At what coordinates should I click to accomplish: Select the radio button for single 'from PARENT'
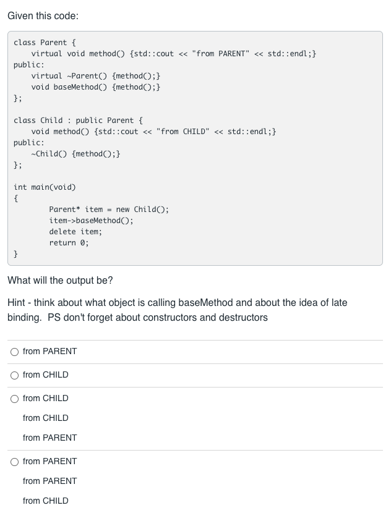14,352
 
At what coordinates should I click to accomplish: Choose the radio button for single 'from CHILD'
14,375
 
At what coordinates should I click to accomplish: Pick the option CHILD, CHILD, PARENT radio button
14,399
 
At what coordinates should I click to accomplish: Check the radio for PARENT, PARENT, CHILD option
14,462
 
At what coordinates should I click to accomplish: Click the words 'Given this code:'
43,15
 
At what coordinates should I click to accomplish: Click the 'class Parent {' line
45,43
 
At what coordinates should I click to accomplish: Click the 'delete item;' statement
75,232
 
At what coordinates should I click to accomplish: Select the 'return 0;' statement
69,243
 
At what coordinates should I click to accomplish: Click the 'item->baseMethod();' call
91,221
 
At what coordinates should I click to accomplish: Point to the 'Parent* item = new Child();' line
108,210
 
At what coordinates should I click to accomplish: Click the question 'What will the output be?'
60,281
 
